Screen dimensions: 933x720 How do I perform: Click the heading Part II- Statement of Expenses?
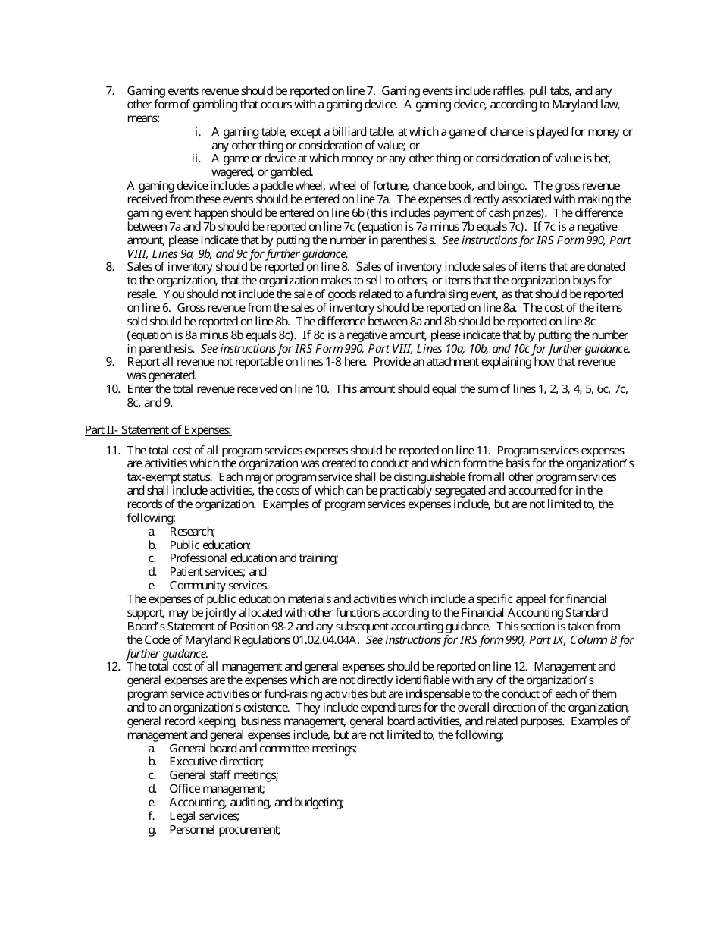coord(158,430)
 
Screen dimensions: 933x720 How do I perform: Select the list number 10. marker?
coord(112,389)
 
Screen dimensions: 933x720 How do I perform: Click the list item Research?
coord(193,532)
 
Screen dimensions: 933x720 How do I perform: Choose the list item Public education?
coord(210,545)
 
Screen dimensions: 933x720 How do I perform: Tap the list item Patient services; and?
coord(218,572)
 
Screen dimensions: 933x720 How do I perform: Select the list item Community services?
coord(219,586)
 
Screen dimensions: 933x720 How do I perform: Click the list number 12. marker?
coord(112,667)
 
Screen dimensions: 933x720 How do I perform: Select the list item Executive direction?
coord(217,762)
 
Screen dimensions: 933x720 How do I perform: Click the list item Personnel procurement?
coord(225,830)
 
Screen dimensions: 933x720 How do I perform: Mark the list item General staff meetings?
coord(224,775)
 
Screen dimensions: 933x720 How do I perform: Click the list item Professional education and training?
coord(254,558)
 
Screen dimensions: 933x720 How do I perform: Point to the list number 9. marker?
coord(110,362)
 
